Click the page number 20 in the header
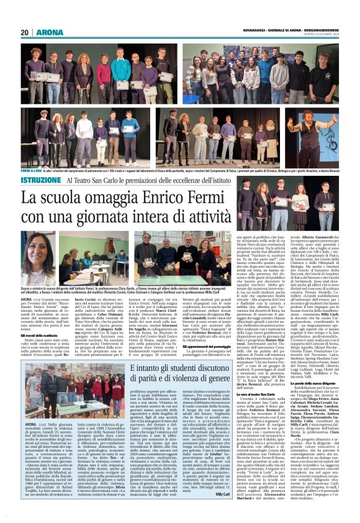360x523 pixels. click(x=24, y=32)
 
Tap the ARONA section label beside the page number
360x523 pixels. click(x=46, y=32)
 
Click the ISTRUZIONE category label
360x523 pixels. click(x=41, y=178)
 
